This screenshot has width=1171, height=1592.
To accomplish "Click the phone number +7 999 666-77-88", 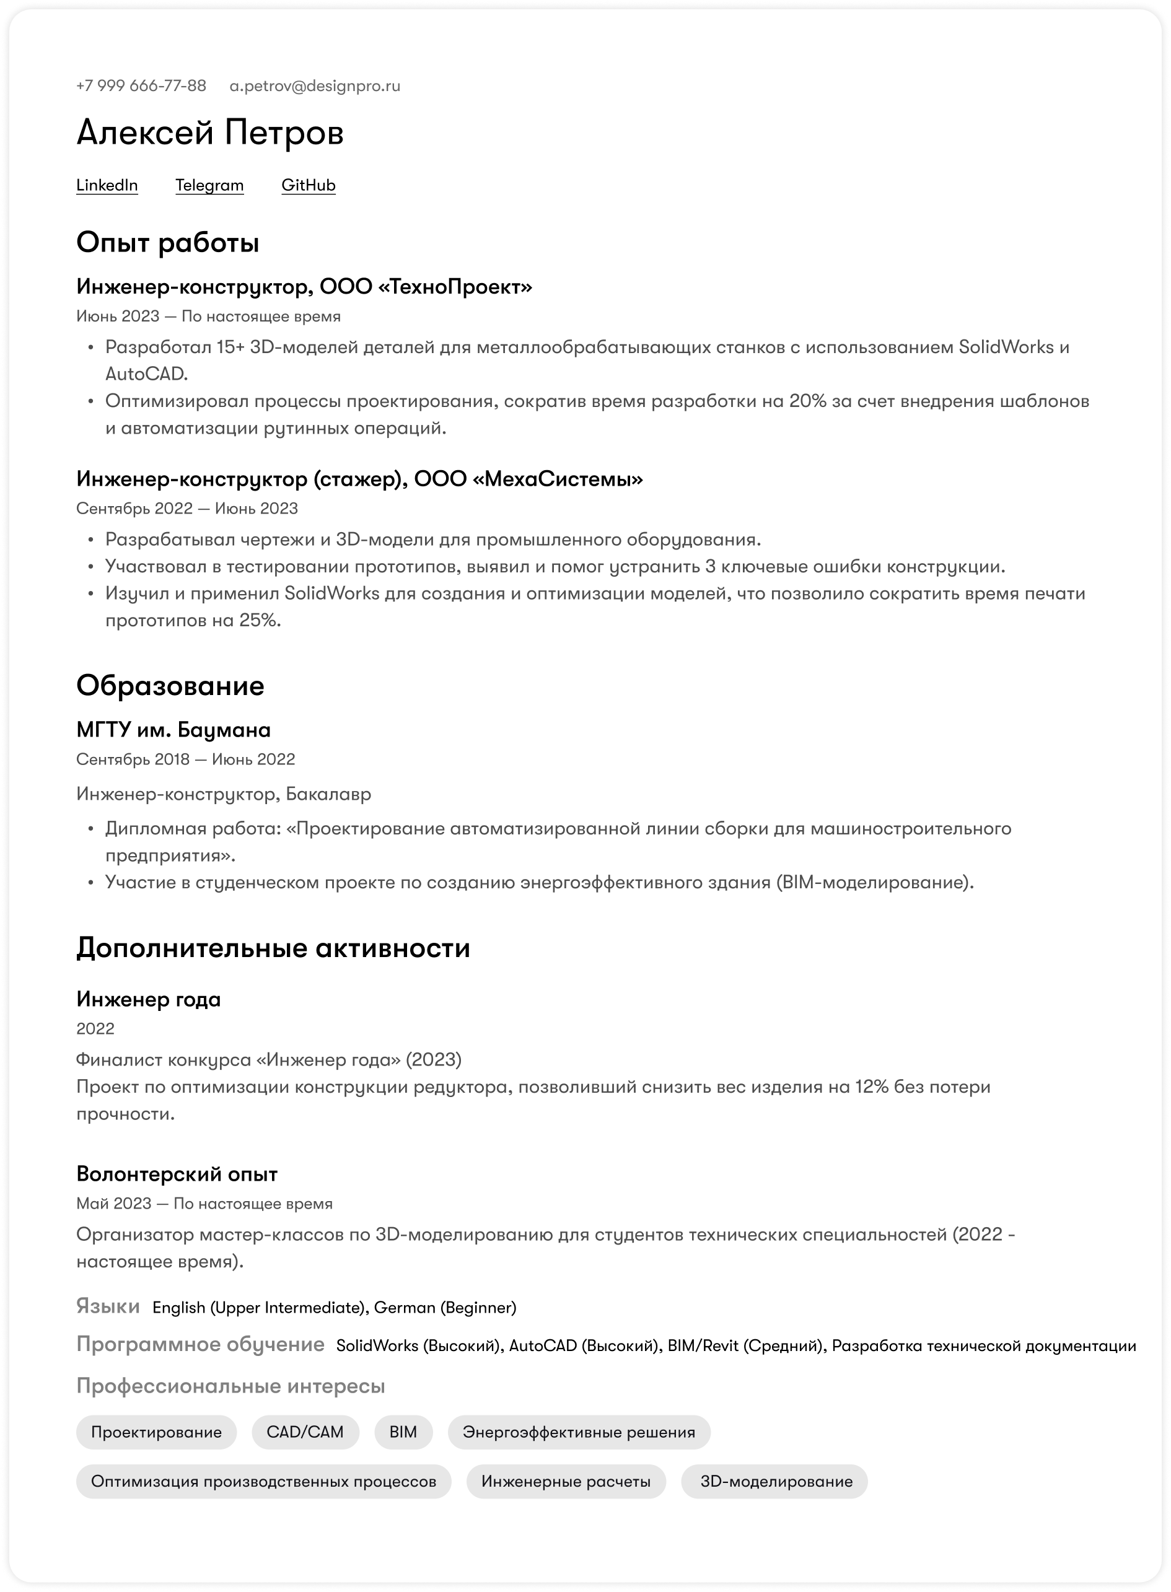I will (x=141, y=85).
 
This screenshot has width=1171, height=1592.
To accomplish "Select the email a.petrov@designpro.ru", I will (x=315, y=85).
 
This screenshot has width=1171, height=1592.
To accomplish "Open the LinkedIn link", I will (x=107, y=185).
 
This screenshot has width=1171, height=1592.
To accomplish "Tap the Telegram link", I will (x=209, y=185).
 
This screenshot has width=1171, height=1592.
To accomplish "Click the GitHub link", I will (x=309, y=185).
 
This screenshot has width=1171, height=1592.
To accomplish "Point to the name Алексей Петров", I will (x=210, y=133).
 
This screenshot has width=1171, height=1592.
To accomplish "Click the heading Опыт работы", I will (x=167, y=242).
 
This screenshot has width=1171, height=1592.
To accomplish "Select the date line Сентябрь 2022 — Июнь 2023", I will (x=187, y=508).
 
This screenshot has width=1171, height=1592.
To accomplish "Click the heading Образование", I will (x=170, y=685).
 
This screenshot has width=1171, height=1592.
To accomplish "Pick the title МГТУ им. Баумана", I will (x=173, y=730).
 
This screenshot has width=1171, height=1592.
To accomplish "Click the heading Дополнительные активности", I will (x=273, y=947).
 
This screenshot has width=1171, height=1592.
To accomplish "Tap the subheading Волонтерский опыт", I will (x=177, y=1173).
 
